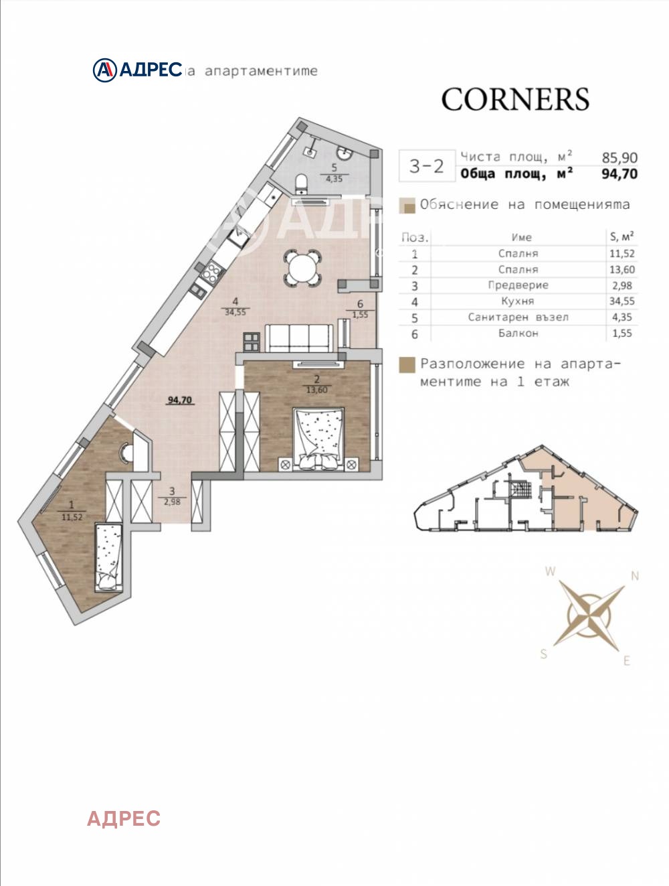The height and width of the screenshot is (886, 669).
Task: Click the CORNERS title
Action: [x=514, y=100]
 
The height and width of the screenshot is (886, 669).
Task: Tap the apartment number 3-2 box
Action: [x=426, y=166]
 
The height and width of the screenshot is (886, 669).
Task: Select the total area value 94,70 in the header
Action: [x=619, y=174]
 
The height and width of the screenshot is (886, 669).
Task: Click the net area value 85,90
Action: [x=619, y=157]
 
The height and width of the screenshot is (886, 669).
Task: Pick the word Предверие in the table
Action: [x=518, y=285]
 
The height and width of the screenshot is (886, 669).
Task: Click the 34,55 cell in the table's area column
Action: [x=622, y=301]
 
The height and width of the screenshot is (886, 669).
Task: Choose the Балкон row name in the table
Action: [x=518, y=333]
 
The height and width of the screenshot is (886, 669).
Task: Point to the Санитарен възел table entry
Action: [x=518, y=317]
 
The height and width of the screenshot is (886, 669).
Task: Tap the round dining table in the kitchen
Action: [x=302, y=267]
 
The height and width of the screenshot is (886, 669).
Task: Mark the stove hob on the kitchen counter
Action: [x=212, y=271]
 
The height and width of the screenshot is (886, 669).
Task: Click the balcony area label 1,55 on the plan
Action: [x=360, y=314]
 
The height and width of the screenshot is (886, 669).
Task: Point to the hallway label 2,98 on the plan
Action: [x=172, y=502]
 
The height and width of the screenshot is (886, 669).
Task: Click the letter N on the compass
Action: [x=635, y=576]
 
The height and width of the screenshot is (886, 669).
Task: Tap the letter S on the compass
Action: [x=544, y=654]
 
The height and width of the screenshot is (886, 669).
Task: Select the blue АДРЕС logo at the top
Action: [x=138, y=70]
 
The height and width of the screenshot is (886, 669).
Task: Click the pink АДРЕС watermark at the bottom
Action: [x=124, y=818]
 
